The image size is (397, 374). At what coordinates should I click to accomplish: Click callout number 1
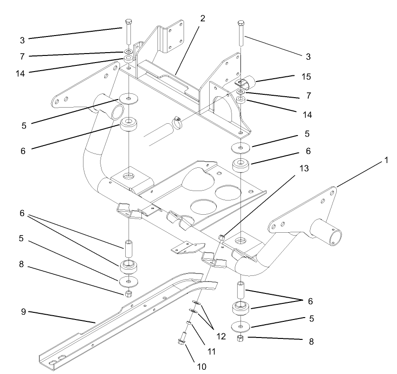[x=387, y=161]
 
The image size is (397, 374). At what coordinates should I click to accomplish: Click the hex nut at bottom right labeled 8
[x=240, y=338]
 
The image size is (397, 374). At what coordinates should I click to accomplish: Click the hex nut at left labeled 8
[x=128, y=294]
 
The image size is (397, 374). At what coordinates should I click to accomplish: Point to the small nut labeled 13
[x=221, y=236]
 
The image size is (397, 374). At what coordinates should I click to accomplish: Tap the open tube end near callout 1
[x=335, y=236]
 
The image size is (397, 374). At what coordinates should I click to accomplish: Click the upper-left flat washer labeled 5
[x=129, y=98]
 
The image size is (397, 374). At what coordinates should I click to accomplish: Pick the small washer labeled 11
[x=189, y=323]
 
